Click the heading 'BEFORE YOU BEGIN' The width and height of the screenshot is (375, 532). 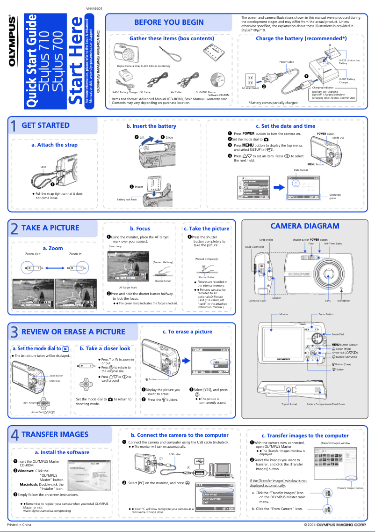[169, 22]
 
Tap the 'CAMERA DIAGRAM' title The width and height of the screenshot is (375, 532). [305, 226]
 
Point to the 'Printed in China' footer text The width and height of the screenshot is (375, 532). [19, 524]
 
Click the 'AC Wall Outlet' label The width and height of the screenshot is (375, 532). [250, 88]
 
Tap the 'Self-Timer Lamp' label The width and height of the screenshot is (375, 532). [333, 244]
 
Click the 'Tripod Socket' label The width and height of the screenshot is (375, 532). [289, 404]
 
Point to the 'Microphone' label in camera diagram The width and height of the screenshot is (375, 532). [343, 301]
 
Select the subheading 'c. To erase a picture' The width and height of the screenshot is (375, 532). [187, 332]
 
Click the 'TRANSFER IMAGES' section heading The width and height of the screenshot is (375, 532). [55, 434]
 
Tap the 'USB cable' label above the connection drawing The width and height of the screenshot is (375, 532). [175, 454]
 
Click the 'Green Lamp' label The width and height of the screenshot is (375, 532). [115, 246]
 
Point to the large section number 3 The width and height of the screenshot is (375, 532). [14, 332]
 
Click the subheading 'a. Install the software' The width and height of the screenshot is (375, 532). [62, 452]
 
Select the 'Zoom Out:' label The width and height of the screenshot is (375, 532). [33, 254]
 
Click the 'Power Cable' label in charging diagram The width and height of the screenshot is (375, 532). [286, 62]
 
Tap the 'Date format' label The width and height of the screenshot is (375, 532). [301, 170]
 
